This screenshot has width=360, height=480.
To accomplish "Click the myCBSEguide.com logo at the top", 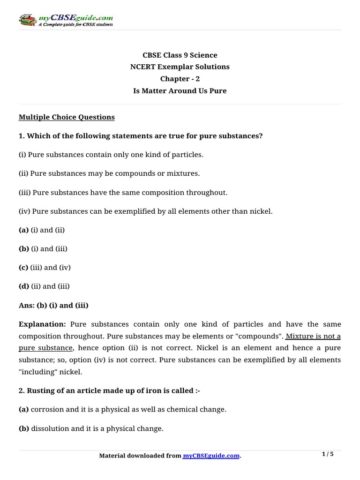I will [x=66, y=21].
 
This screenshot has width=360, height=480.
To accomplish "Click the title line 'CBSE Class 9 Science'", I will [x=180, y=55].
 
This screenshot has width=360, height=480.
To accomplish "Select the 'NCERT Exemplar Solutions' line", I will [x=180, y=67].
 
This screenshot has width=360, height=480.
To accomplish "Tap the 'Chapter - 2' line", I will [x=180, y=79].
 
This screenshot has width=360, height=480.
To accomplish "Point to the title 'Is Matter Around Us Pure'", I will [x=180, y=91].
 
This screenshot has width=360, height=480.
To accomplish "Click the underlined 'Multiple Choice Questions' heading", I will [x=67, y=117].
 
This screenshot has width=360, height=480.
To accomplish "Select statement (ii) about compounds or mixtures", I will [x=109, y=173].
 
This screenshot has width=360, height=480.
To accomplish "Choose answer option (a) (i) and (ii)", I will [x=42, y=230].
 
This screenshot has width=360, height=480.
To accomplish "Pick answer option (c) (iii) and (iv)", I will [x=45, y=267].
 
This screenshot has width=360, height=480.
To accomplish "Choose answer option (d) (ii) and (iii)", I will [x=44, y=286].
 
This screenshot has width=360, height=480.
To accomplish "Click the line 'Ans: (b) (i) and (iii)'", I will [x=53, y=305].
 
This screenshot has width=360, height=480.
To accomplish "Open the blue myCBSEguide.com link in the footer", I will [x=211, y=456].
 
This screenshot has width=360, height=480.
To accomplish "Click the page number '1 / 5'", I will [x=328, y=454].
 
